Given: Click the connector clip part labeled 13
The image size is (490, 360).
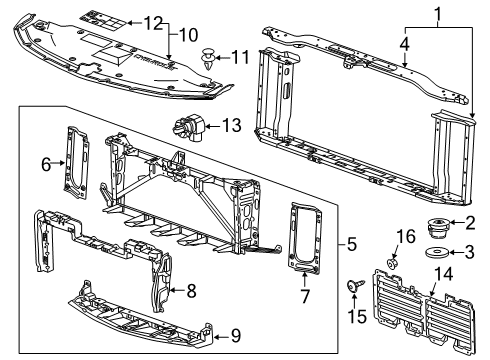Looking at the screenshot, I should tap(188, 130).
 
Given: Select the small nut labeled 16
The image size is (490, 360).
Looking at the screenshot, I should tap(393, 264).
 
